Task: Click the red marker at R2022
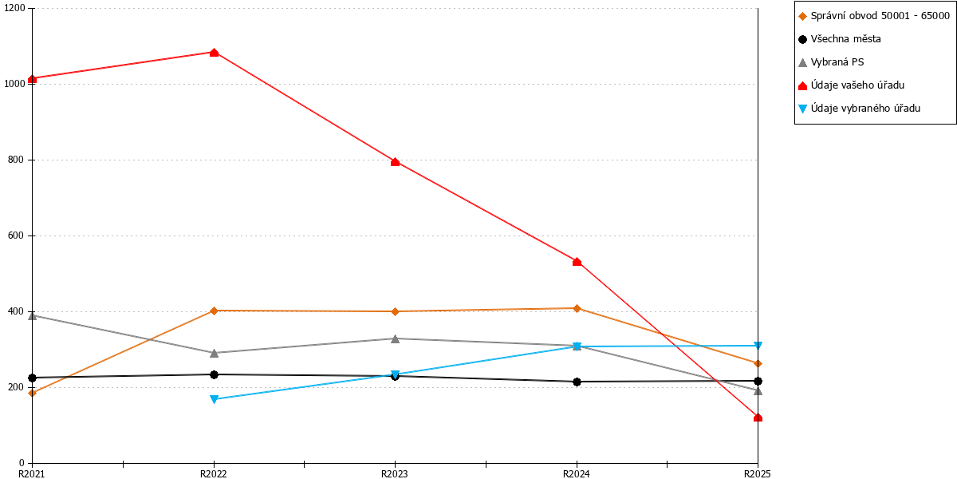click(x=214, y=53)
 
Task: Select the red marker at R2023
click(x=396, y=162)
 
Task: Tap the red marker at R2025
click(x=758, y=418)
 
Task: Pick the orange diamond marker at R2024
click(x=577, y=308)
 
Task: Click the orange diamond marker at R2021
click(x=32, y=393)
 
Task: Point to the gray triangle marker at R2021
click(x=32, y=316)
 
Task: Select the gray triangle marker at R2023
click(x=396, y=338)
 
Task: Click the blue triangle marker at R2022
click(x=214, y=399)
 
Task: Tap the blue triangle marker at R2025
click(x=758, y=346)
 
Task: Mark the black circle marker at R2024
click(x=577, y=382)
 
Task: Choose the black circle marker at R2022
click(x=214, y=374)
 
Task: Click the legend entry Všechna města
click(x=840, y=39)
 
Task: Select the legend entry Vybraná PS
click(x=831, y=62)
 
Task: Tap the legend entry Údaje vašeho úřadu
click(x=852, y=85)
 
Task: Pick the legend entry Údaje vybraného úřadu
click(x=860, y=109)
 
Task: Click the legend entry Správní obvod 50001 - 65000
click(x=874, y=16)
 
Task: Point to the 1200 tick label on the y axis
click(x=14, y=8)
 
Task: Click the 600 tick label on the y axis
click(x=17, y=236)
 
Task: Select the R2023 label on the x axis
click(x=394, y=473)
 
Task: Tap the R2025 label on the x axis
click(x=757, y=473)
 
